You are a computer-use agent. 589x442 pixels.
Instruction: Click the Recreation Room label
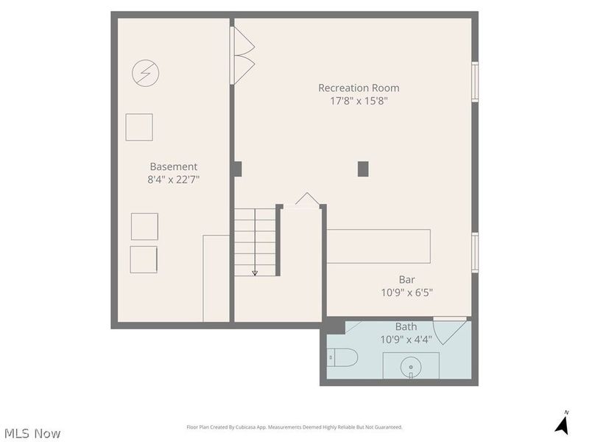pyautogui.click(x=359, y=88)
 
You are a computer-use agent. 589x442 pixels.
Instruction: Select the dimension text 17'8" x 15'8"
pyautogui.click(x=359, y=101)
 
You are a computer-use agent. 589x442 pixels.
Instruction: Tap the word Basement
pyautogui.click(x=173, y=166)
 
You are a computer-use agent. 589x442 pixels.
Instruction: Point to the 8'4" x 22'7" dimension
pyautogui.click(x=173, y=179)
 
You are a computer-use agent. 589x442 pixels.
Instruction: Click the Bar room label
pyautogui.click(x=406, y=279)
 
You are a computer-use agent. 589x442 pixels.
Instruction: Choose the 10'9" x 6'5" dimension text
pyautogui.click(x=406, y=292)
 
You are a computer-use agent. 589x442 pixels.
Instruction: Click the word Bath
pyautogui.click(x=406, y=327)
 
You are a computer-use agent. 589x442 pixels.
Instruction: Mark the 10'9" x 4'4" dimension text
pyautogui.click(x=406, y=340)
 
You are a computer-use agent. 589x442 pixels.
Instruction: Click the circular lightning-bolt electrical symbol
pyautogui.click(x=145, y=72)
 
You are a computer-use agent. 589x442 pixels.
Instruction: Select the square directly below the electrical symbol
pyautogui.click(x=138, y=127)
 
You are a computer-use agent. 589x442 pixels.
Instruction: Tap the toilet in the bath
pyautogui.click(x=342, y=359)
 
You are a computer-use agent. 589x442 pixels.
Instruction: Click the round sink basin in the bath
pyautogui.click(x=410, y=365)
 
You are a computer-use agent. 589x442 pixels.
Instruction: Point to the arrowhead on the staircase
pyautogui.click(x=255, y=273)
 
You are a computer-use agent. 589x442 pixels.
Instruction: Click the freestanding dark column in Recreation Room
pyautogui.click(x=362, y=169)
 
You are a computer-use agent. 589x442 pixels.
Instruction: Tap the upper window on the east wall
pyautogui.click(x=475, y=81)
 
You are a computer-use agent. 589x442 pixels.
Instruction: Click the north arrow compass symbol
pyautogui.click(x=562, y=424)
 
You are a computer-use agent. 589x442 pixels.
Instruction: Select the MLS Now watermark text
pyautogui.click(x=32, y=433)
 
